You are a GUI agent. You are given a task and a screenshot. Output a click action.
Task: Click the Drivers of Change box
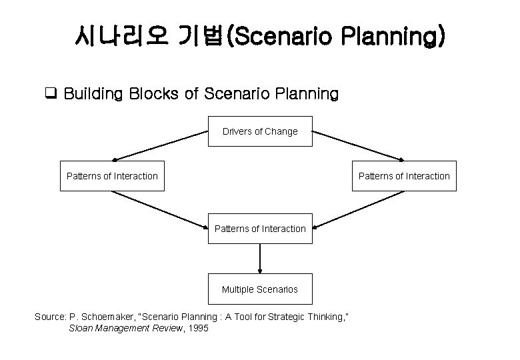tap(260, 131)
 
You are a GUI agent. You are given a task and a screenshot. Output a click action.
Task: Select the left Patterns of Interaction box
tap(112, 176)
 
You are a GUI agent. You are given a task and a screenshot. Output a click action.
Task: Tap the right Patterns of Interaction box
tap(404, 176)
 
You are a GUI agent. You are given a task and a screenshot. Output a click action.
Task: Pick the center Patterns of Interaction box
tap(260, 229)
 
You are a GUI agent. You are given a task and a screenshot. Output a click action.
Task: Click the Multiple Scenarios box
tap(260, 289)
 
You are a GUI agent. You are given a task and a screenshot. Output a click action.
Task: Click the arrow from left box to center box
tap(160, 210)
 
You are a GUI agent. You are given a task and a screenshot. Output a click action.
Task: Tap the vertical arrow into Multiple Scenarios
tap(260, 259)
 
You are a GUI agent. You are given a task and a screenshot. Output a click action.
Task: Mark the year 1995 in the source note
tap(197, 329)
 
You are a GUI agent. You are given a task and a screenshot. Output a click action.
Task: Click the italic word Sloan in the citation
tap(81, 329)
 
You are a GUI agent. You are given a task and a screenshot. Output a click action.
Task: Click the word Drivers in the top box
tap(237, 131)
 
